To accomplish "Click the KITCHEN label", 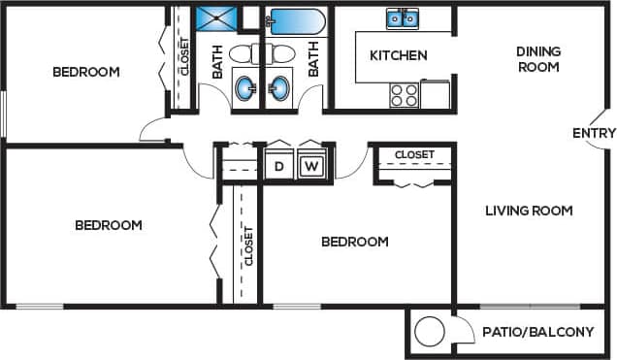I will pos(398,55).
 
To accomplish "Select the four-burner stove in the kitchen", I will pos(404,94).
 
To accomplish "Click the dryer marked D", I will pos(279,166).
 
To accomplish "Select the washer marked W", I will pos(310,166).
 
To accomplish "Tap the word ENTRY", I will pos(594,133).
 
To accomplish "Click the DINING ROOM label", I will pos(537,59).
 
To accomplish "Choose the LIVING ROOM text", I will pos(529,210).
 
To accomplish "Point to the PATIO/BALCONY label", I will pos(537,332).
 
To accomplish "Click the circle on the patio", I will pos(428,333).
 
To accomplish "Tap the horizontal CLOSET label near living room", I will pos(414,154).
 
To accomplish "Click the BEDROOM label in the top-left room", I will pos(85,72).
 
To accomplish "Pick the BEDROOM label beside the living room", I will pos(355,242).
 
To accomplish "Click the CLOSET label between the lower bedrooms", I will pos(248,245).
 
